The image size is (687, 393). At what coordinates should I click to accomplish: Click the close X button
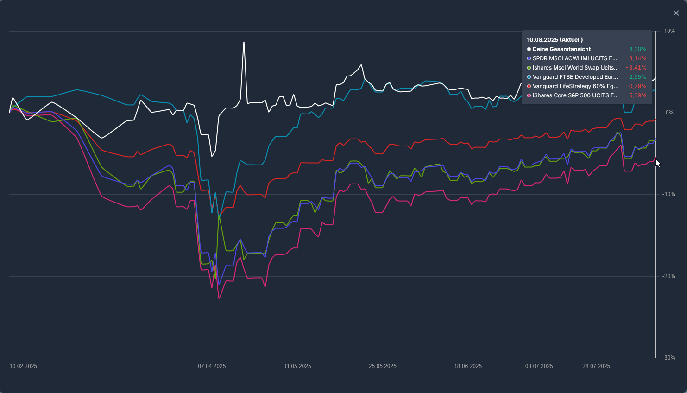point(676,13)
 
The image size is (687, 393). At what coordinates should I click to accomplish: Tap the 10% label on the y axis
point(669,31)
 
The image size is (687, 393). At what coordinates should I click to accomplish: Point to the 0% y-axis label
point(669,113)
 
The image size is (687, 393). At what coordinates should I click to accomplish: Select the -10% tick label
point(668,194)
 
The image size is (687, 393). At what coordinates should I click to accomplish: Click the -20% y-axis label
point(668,276)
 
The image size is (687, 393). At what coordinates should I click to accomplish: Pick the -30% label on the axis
point(668,358)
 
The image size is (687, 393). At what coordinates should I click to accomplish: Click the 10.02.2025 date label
point(23,366)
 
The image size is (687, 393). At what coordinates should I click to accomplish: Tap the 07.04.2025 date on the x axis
point(212,366)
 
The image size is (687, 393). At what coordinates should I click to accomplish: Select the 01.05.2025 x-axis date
point(297,366)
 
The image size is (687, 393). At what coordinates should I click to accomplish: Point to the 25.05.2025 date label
point(383,366)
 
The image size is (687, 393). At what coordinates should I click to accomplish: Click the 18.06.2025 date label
point(468,366)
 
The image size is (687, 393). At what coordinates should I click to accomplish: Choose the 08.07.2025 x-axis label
point(539,366)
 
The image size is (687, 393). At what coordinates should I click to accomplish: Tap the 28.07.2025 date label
point(596,366)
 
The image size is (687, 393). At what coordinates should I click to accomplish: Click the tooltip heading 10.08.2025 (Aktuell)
point(555,39)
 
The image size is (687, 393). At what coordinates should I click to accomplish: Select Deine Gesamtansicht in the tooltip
point(561,49)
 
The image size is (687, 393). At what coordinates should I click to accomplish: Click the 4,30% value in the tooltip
point(637,49)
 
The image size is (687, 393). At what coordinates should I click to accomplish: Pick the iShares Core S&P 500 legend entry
point(573,95)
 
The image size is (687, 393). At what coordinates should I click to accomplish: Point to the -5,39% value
point(637,95)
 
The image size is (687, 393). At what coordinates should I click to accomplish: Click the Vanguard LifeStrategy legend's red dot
point(529,86)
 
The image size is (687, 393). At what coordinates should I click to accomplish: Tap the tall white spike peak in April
point(244,42)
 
